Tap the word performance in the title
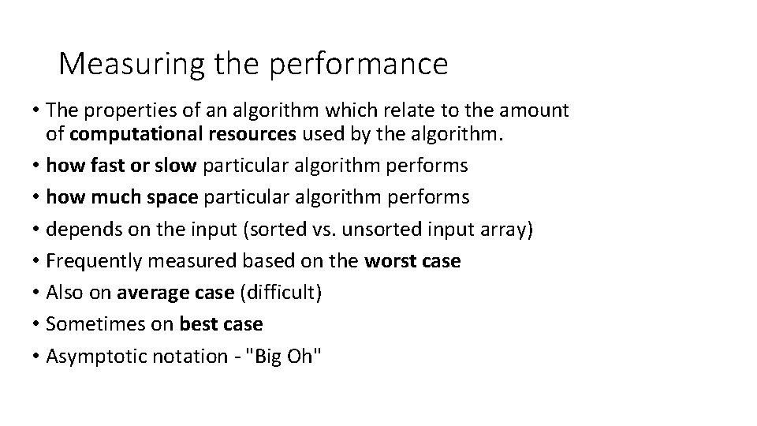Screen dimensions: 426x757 [x=359, y=64]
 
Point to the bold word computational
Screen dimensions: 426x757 [x=129, y=135]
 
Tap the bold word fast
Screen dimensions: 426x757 [x=98, y=166]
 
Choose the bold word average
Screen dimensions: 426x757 [x=150, y=293]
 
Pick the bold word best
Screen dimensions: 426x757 [x=199, y=324]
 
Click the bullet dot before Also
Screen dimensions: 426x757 [x=37, y=293]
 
